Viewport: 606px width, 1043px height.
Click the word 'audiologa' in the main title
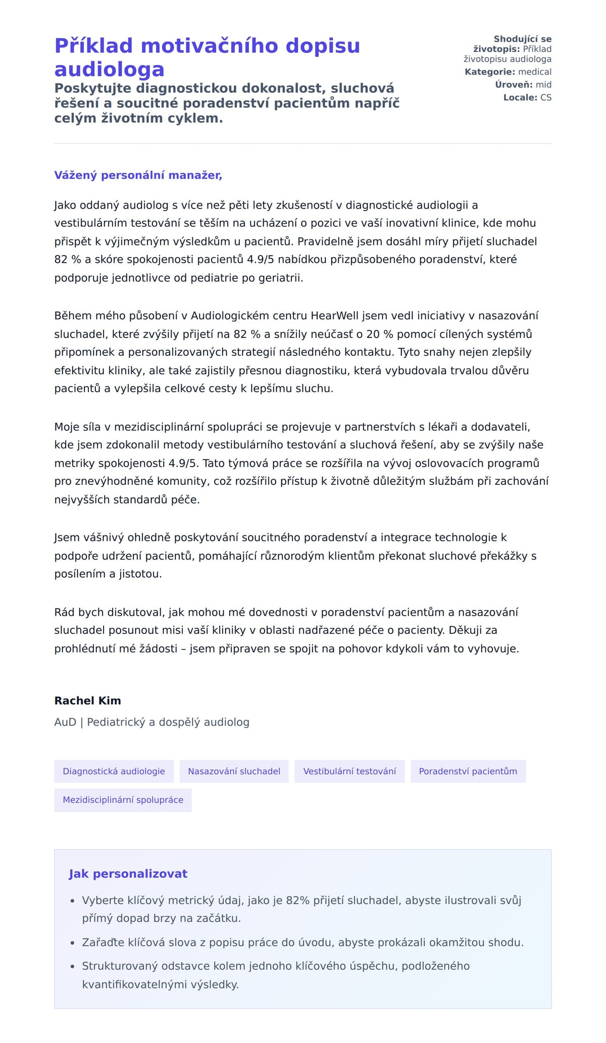[109, 69]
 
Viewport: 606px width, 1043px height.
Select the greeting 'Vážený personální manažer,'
[138, 175]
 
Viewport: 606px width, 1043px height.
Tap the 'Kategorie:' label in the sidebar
[489, 72]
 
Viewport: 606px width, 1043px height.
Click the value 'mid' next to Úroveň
[543, 85]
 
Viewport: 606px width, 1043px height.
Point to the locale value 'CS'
[545, 97]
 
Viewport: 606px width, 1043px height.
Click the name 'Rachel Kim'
[87, 701]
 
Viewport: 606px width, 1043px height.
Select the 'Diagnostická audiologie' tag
[114, 771]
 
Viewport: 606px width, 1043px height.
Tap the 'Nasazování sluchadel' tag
[234, 771]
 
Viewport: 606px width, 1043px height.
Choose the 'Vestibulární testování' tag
[349, 771]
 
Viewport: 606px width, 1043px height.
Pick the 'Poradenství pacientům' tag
[468, 771]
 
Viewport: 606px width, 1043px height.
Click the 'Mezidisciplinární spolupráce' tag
[123, 800]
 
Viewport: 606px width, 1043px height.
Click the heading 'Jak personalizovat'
[128, 874]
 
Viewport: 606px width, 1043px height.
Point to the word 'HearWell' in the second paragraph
[335, 316]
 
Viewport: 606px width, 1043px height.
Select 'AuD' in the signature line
[65, 722]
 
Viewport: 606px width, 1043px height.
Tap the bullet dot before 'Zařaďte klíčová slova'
[73, 943]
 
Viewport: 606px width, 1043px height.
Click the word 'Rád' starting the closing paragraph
[65, 613]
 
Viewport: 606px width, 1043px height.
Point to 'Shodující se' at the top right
[522, 39]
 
